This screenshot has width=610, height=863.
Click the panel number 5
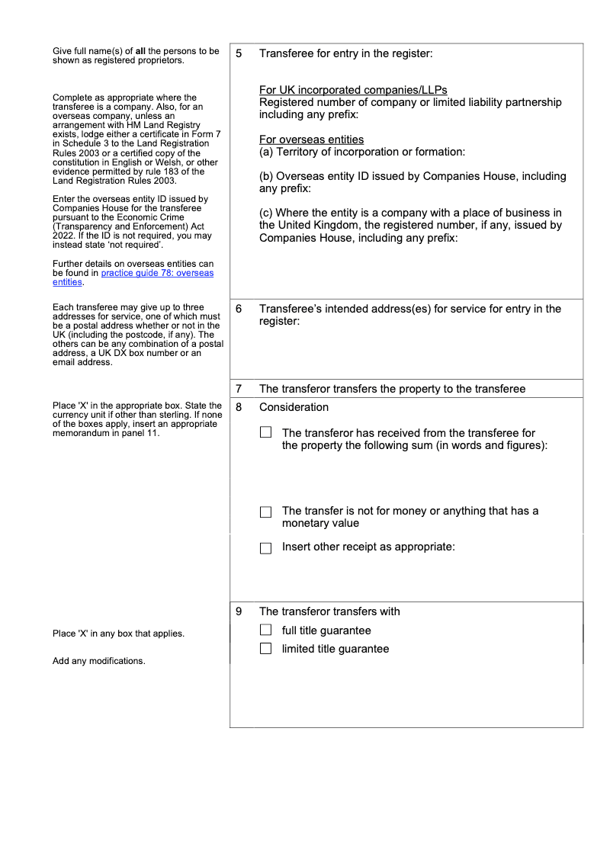click(x=239, y=54)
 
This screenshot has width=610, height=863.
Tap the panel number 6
click(x=239, y=309)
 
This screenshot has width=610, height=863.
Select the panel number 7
click(x=239, y=389)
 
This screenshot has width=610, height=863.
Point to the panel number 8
click(x=239, y=407)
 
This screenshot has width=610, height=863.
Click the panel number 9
click(x=239, y=611)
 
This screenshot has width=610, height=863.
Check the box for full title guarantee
click(x=265, y=630)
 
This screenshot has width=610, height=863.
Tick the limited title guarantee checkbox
click(x=265, y=649)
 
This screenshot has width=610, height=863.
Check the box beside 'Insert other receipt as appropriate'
click(x=265, y=547)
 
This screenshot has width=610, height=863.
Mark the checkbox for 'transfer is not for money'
click(x=265, y=512)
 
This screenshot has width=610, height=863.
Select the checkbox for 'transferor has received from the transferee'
click(x=265, y=432)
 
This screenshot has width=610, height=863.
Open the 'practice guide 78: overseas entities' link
click(x=157, y=273)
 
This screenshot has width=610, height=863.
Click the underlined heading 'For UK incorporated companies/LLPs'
click(x=353, y=90)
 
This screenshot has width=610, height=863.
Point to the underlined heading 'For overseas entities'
click(x=311, y=140)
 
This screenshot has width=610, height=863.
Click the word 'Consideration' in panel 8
click(x=294, y=407)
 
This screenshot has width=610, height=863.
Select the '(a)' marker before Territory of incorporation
click(x=266, y=152)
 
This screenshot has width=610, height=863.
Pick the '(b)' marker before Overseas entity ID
click(x=266, y=176)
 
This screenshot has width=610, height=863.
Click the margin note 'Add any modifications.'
click(x=98, y=661)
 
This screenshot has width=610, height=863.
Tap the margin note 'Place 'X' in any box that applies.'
click(x=118, y=634)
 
